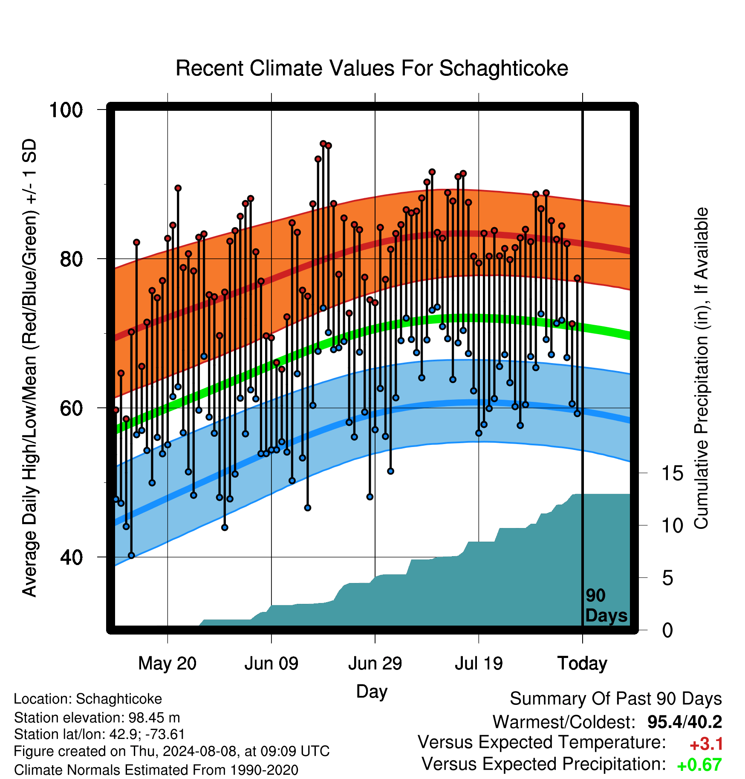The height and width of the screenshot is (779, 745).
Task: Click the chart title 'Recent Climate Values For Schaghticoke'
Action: click(372, 68)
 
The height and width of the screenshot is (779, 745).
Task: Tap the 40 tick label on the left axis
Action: click(72, 557)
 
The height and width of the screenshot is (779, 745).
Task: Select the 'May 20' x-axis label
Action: click(167, 664)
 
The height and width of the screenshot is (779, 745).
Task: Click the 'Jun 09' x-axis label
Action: click(271, 664)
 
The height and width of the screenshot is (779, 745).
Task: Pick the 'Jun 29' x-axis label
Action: click(375, 664)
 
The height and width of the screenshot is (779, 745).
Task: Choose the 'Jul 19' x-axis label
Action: click(479, 664)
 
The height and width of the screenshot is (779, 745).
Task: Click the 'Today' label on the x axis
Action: click(583, 664)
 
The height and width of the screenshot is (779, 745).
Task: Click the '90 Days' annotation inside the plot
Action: click(606, 606)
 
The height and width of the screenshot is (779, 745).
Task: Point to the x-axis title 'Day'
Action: click(372, 692)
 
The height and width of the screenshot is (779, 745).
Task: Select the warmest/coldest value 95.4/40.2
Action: click(684, 722)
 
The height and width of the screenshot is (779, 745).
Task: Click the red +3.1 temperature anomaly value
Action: click(706, 744)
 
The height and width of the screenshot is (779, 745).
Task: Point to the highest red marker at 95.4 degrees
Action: click(323, 144)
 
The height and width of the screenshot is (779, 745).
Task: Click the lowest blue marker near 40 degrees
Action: click(131, 555)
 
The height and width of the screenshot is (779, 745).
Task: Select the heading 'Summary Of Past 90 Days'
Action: click(616, 699)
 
